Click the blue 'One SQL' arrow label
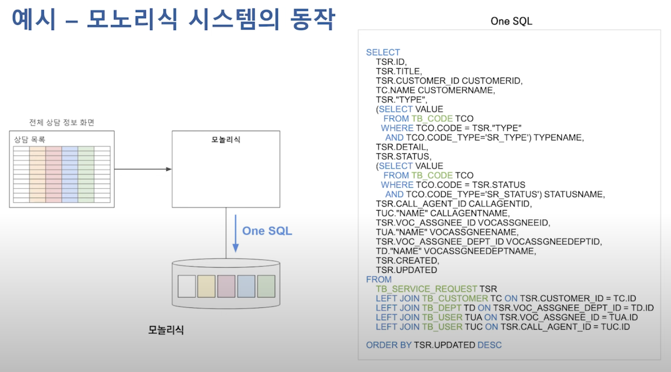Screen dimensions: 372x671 [x=267, y=231]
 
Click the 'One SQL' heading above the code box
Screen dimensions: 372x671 [x=511, y=21]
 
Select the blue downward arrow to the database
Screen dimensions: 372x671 [x=235, y=233]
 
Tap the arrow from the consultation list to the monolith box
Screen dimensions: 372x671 [x=143, y=169]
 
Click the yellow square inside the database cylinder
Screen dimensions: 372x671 [x=206, y=286]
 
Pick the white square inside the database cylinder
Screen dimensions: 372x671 [x=186, y=286]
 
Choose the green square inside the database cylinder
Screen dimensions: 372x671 [x=266, y=286]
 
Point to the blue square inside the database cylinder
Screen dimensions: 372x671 [x=246, y=286]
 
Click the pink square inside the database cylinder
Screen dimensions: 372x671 [x=227, y=286]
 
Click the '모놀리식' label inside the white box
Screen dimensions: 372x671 [x=225, y=139]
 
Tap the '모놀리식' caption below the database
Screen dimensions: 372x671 [x=166, y=330]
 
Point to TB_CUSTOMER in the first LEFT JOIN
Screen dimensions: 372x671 [x=455, y=299]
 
